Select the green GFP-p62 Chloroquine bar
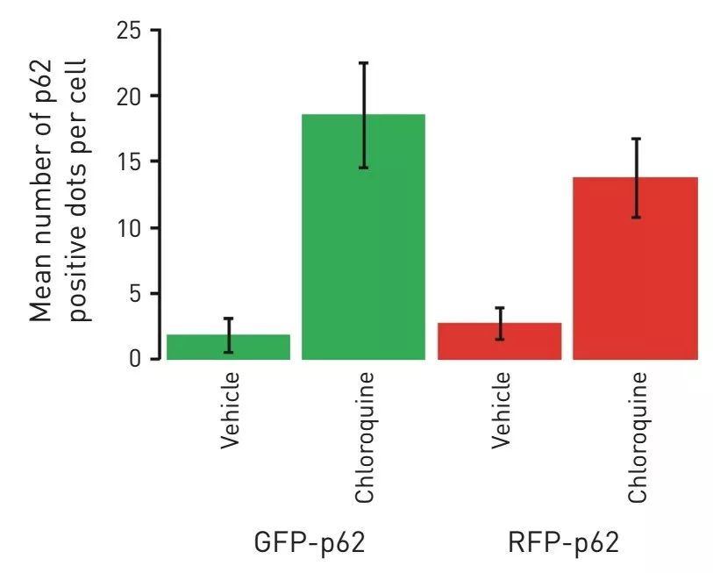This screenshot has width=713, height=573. pyautogui.click(x=363, y=237)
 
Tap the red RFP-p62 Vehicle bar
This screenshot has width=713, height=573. pyautogui.click(x=499, y=341)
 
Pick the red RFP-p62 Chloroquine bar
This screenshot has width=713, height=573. pyautogui.click(x=635, y=269)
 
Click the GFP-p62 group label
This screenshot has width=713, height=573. pyautogui.click(x=308, y=542)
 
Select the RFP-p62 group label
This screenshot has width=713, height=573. pyautogui.click(x=563, y=542)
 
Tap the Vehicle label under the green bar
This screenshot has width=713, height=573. pyautogui.click(x=230, y=411)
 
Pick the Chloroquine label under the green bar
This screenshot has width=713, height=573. pyautogui.click(x=365, y=438)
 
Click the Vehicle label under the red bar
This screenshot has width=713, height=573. pyautogui.click(x=501, y=411)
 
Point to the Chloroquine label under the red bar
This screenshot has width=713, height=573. pyautogui.click(x=637, y=438)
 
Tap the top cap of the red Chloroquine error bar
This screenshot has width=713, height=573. pyautogui.click(x=637, y=139)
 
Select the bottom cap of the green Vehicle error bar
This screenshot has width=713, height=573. pyautogui.click(x=228, y=352)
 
